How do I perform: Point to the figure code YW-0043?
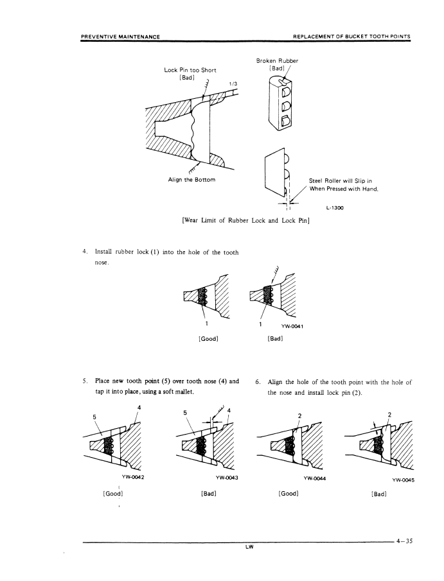coord(229,476)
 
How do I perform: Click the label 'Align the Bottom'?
coord(187,178)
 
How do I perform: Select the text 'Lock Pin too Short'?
coord(191,70)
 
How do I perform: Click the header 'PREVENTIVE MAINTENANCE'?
coord(121,36)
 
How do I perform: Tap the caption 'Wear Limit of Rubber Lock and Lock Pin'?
coord(246,221)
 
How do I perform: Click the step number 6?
coord(257,381)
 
